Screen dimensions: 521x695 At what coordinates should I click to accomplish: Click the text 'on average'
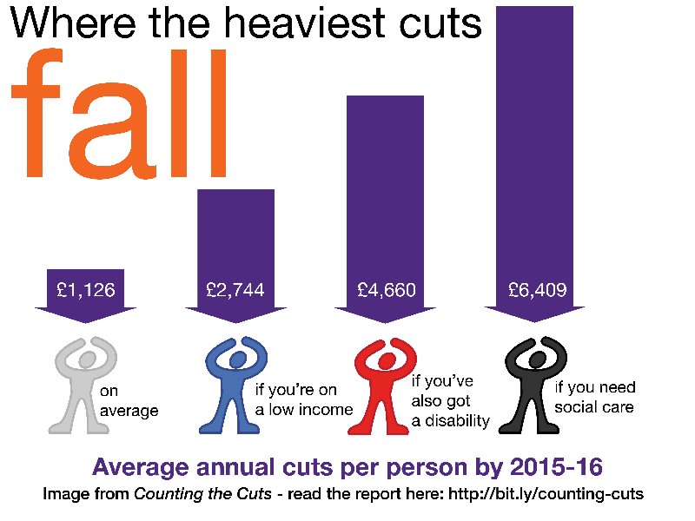click(x=129, y=401)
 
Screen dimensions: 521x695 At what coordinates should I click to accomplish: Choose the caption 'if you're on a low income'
click(x=303, y=399)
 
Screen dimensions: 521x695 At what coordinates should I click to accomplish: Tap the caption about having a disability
click(x=451, y=400)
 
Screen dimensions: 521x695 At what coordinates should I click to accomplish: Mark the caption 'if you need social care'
click(x=595, y=397)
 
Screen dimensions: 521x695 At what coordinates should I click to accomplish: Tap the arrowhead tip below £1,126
click(x=85, y=322)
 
